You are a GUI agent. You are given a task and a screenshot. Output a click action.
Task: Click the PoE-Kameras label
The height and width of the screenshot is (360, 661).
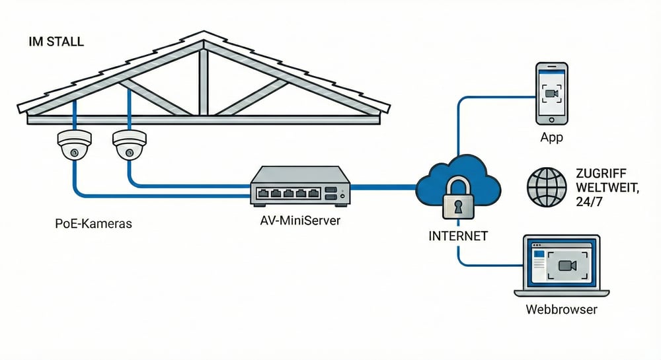[94, 223]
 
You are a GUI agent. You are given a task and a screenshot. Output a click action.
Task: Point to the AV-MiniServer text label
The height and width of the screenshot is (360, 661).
[301, 221]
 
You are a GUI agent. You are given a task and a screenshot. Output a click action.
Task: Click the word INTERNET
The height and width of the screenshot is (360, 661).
[458, 235]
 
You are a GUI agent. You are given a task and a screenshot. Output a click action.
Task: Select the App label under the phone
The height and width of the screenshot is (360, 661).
[551, 137]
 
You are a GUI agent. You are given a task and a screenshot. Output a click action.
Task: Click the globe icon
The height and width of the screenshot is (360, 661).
[547, 185]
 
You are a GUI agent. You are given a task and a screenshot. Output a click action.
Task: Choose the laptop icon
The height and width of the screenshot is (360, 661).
[561, 267]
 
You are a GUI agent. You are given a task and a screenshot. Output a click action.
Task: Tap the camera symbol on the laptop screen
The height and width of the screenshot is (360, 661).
[567, 265]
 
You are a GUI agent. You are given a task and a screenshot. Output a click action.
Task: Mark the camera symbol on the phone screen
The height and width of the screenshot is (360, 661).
[551, 93]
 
